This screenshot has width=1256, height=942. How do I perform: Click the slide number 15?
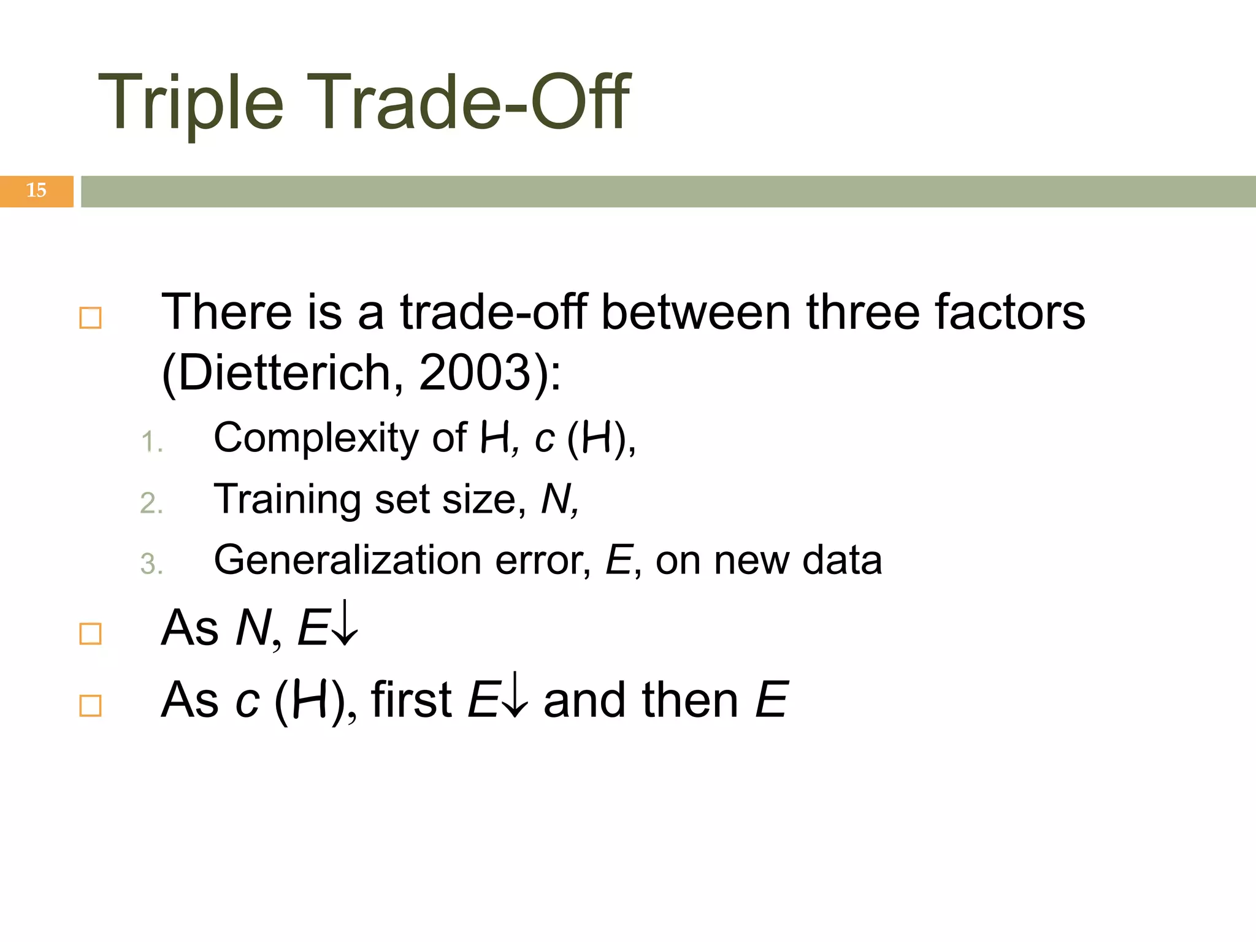[36, 191]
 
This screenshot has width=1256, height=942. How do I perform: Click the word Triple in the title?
[191, 103]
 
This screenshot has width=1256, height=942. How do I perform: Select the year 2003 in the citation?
[475, 372]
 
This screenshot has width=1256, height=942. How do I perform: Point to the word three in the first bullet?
[862, 312]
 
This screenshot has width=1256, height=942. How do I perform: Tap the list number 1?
[151, 442]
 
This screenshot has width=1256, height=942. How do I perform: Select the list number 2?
[151, 504]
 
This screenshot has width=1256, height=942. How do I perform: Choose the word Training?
[288, 500]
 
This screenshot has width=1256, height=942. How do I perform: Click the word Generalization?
[348, 560]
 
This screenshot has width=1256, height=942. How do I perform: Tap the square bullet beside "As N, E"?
[91, 634]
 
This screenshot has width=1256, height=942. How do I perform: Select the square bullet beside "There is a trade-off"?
[91, 318]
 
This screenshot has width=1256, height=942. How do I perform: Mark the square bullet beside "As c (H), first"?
[91, 706]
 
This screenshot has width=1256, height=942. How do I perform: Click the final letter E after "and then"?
[772, 700]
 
